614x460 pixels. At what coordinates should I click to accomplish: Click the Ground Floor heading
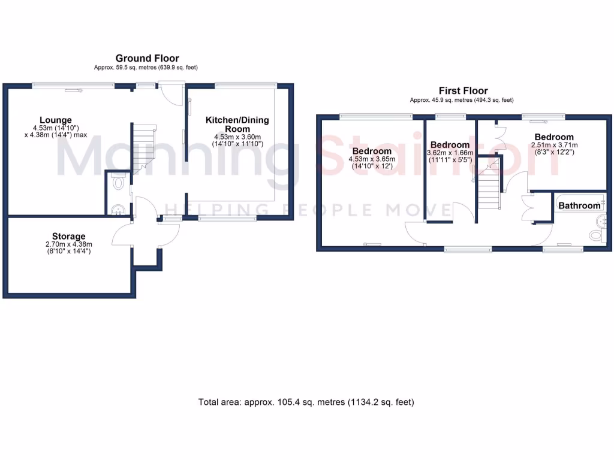click(x=147, y=58)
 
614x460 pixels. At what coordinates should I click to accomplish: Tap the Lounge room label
click(x=56, y=120)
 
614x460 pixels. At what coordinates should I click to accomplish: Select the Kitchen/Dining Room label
click(x=237, y=124)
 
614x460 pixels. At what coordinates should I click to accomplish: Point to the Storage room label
click(x=69, y=236)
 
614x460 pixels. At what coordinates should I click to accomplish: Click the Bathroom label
click(x=579, y=205)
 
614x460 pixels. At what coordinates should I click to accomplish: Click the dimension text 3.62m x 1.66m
click(x=450, y=153)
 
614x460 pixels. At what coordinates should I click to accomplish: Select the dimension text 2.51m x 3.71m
click(x=554, y=145)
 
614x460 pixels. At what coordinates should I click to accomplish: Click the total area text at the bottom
click(x=306, y=402)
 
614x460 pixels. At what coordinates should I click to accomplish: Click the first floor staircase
click(x=488, y=183)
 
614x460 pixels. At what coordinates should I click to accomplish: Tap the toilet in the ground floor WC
click(x=118, y=181)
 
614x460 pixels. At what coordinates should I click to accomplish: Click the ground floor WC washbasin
click(x=118, y=209)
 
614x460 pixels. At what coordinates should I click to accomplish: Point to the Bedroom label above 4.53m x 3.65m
click(x=372, y=150)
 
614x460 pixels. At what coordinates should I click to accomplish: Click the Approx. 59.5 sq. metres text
click(x=146, y=68)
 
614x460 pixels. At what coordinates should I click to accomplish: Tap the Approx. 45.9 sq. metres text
click(x=462, y=100)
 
